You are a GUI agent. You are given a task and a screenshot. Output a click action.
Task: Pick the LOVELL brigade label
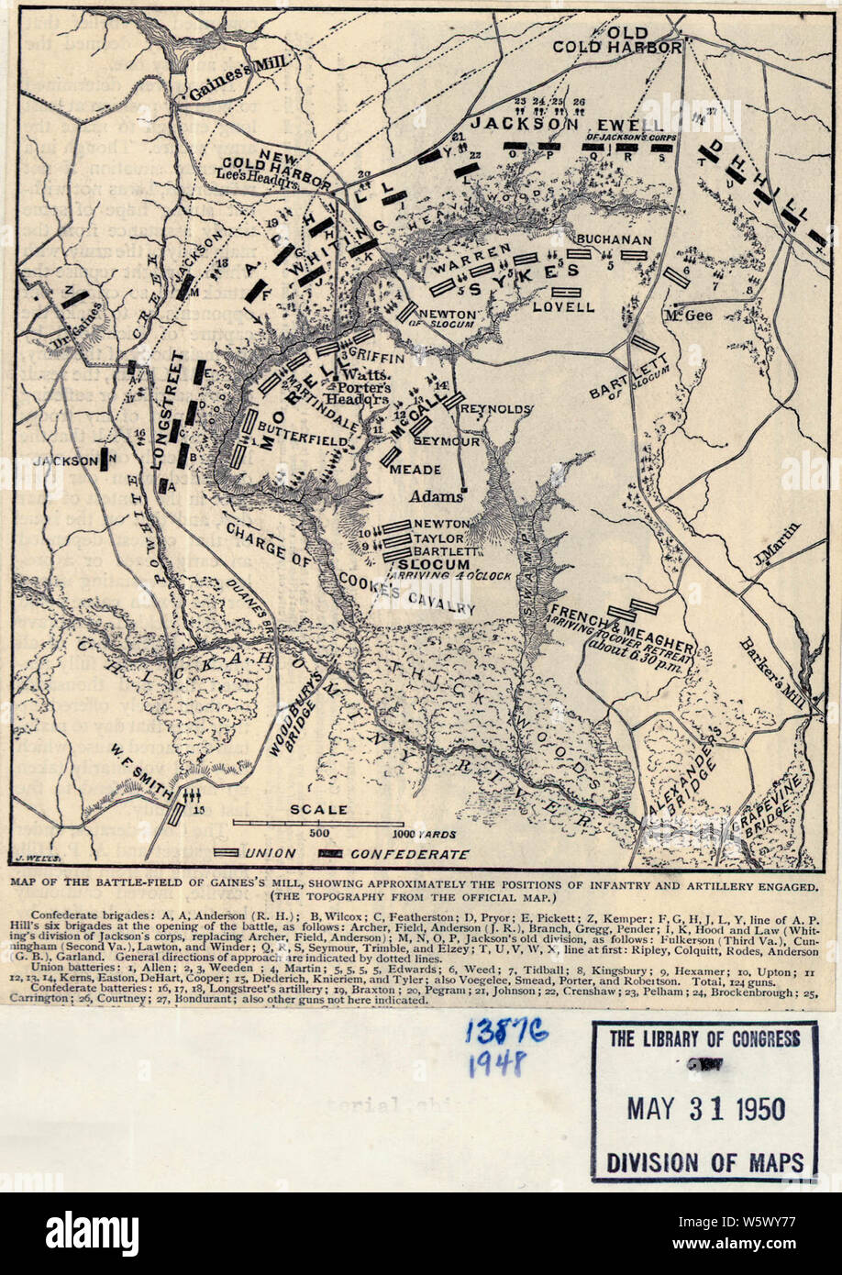pos(563,306)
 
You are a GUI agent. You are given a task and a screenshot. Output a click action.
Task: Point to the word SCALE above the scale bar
pos(318,809)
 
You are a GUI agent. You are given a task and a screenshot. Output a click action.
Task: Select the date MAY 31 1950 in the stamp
pos(705,1108)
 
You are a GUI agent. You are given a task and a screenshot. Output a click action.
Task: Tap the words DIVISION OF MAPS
pos(704,1161)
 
